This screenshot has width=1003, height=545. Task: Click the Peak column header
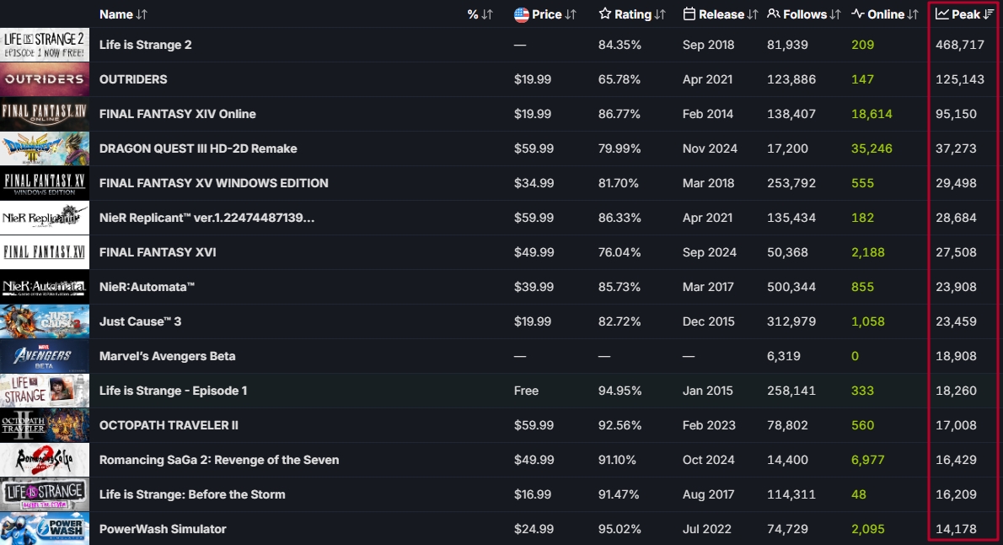coord(964,14)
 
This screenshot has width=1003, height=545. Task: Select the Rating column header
coord(632,14)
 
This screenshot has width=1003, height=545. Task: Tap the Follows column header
coord(804,14)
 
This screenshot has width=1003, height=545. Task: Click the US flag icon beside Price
coord(522,14)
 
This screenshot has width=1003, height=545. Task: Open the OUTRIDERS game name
coord(133,79)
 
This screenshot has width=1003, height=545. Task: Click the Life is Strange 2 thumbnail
coord(45,45)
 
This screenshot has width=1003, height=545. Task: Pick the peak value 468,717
coord(959,45)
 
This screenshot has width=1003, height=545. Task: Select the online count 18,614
coord(872,114)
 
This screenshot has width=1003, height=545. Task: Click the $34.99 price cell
coord(534,183)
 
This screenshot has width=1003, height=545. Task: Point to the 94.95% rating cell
coord(619,391)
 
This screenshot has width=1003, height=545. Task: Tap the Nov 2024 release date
coord(710,148)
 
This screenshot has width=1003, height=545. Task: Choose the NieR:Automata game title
coord(147,287)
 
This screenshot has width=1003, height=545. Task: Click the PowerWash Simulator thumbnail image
coord(45,529)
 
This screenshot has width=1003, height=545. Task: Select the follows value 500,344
coord(791,287)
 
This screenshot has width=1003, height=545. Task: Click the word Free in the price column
coord(526,391)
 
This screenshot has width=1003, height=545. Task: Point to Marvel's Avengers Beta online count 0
coord(855,356)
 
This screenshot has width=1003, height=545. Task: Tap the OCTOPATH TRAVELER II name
coord(169,425)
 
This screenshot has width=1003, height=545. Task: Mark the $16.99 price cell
coord(534,494)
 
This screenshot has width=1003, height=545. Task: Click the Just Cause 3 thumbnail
coord(45,321)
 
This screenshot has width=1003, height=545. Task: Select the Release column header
coord(721,14)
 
